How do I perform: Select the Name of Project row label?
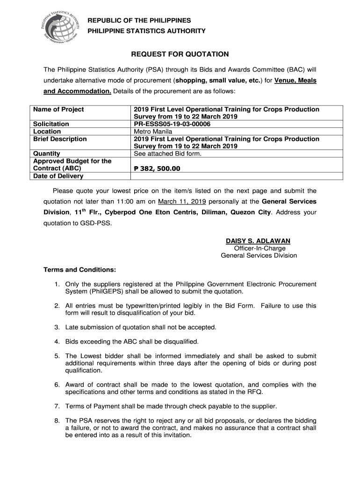pyautogui.click(x=58, y=109)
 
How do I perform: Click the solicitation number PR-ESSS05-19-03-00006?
pyautogui.click(x=172, y=124)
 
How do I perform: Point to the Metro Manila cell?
pyautogui.click(x=153, y=132)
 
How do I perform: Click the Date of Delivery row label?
pyautogui.click(x=58, y=176)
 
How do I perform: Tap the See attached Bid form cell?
pyautogui.click(x=167, y=154)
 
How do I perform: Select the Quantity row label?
pyautogui.click(x=47, y=154)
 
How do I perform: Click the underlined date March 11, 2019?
pyautogui.click(x=182, y=202)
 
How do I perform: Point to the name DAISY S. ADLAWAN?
pyautogui.click(x=258, y=241)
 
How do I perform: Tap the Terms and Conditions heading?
pyautogui.click(x=79, y=270)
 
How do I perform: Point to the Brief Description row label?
pyautogui.click(x=60, y=139)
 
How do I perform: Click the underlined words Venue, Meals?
pyautogui.click(x=295, y=80)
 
